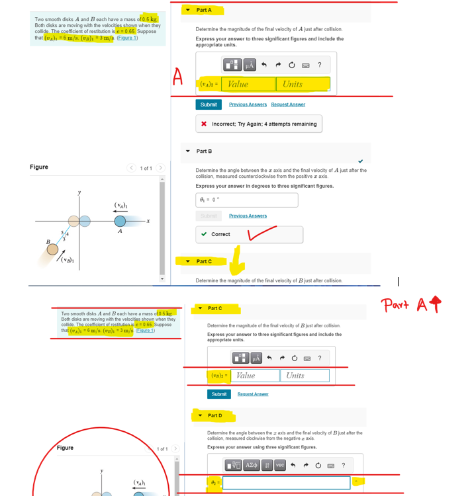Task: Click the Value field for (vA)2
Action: [248, 84]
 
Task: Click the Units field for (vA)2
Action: [303, 84]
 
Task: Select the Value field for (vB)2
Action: [256, 376]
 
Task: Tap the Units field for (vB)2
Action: [305, 376]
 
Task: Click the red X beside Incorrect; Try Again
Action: [203, 124]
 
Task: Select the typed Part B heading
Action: [204, 151]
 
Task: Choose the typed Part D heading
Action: [215, 415]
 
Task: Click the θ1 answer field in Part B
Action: [246, 200]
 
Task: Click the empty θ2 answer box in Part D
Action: [286, 483]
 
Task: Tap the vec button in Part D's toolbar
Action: [280, 465]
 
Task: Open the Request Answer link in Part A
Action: [288, 104]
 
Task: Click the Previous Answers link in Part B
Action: [248, 216]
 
